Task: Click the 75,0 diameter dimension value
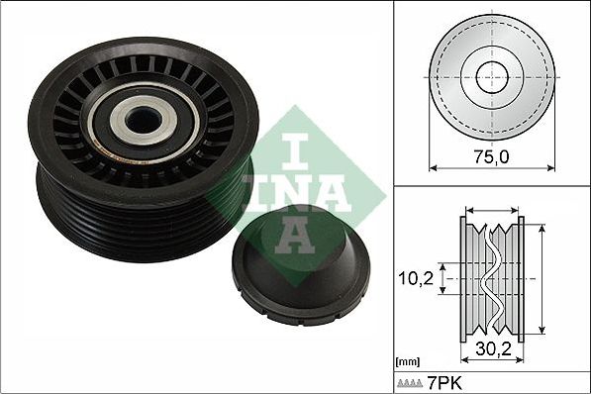point(491,156)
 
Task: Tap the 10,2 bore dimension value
point(416,278)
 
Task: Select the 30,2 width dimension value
point(493,349)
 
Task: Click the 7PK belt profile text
point(444,383)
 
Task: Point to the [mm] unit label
point(408,362)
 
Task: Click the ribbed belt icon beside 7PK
point(410,384)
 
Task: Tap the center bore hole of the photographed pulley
point(144,119)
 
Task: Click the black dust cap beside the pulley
point(301,266)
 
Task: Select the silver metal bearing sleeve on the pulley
point(144,119)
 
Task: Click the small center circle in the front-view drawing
point(492,77)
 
